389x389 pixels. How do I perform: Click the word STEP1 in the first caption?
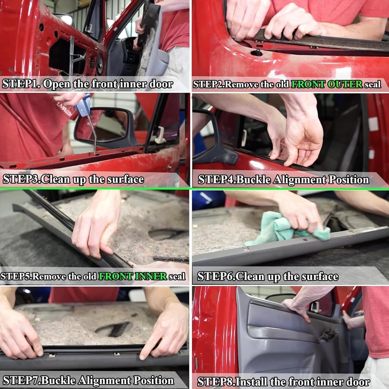20,84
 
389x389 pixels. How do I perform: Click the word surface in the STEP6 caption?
316,277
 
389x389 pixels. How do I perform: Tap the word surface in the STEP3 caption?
122,179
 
